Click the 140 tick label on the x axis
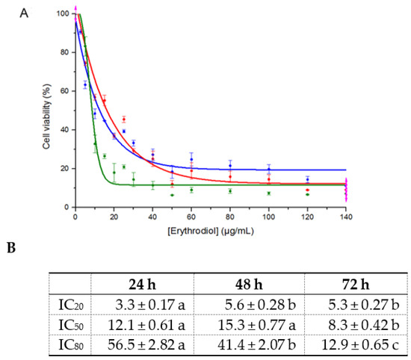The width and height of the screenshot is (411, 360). (346, 216)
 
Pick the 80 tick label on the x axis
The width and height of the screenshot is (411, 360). (230, 216)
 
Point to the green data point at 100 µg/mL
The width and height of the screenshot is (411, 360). (269, 193)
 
